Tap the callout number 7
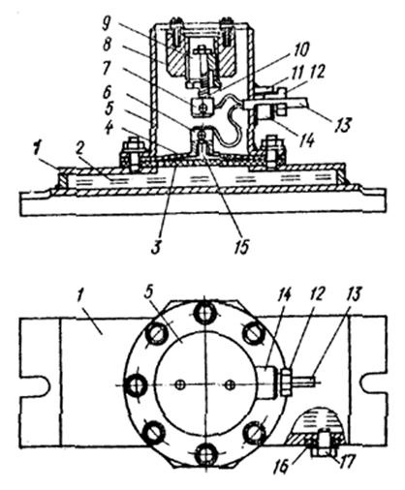pos(108,68)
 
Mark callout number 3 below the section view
pos(156,246)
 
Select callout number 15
pos(243,246)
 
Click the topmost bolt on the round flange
pos(204,313)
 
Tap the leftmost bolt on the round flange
pos(136,385)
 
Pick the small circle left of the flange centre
pos(180,384)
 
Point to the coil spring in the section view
pos(204,86)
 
